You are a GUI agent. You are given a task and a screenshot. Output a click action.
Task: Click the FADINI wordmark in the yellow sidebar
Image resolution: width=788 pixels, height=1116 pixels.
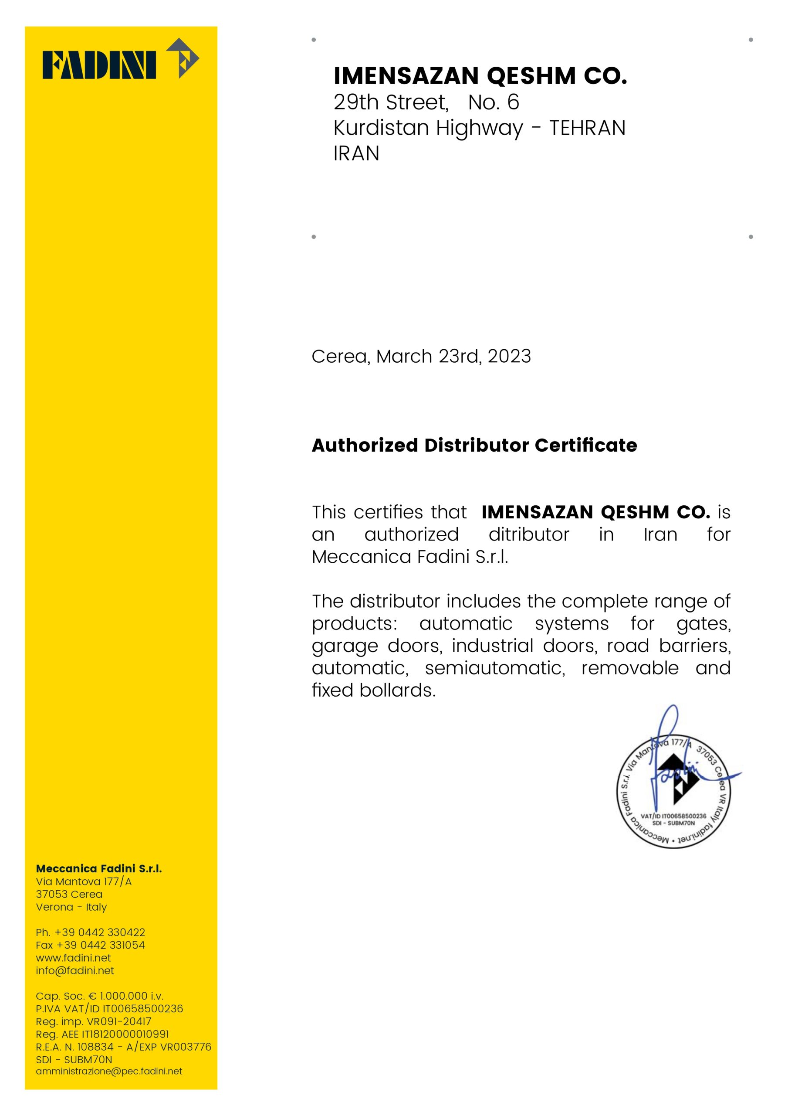tap(99, 65)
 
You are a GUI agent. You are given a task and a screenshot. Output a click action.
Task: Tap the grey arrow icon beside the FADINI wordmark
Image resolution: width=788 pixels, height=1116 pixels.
tap(183, 58)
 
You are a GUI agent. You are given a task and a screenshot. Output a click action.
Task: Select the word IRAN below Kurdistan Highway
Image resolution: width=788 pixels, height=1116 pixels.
tap(356, 153)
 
